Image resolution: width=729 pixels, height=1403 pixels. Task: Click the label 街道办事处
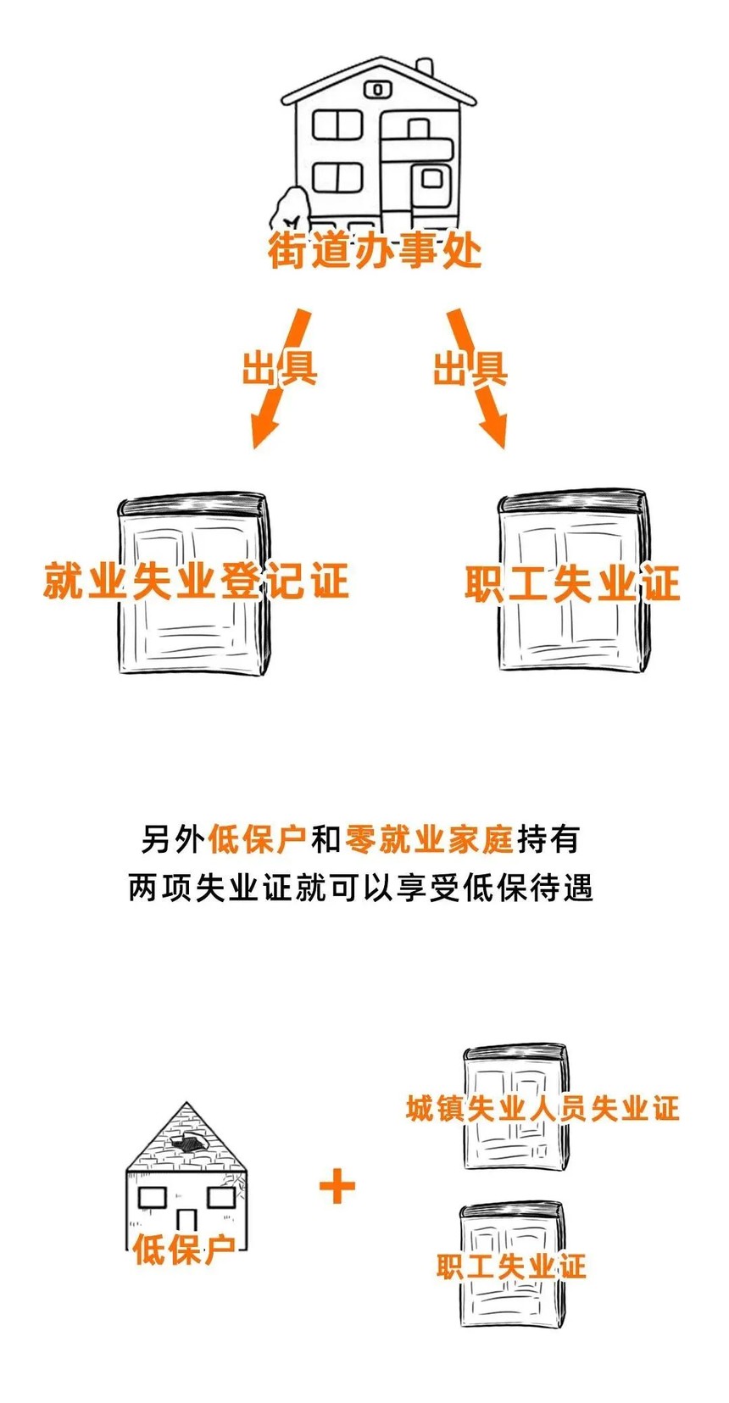(375, 251)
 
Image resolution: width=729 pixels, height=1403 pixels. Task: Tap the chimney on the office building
(424, 69)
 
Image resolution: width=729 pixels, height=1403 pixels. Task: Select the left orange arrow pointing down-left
(280, 378)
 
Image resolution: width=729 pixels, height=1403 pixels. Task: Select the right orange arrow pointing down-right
(476, 378)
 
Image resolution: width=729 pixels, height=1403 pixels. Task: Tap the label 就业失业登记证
(196, 582)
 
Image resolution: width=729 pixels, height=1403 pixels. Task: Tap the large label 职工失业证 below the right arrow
(572, 584)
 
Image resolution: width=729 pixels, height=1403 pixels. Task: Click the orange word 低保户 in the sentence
(257, 839)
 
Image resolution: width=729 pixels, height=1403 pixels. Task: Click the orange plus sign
(337, 1186)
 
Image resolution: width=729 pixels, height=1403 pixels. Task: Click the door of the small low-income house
(186, 1222)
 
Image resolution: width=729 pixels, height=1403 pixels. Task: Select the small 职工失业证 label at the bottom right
(512, 1267)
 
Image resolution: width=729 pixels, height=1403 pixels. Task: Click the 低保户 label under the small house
(183, 1250)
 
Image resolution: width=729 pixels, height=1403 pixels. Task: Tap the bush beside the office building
(289, 210)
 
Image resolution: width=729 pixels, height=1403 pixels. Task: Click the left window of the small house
(153, 1198)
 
